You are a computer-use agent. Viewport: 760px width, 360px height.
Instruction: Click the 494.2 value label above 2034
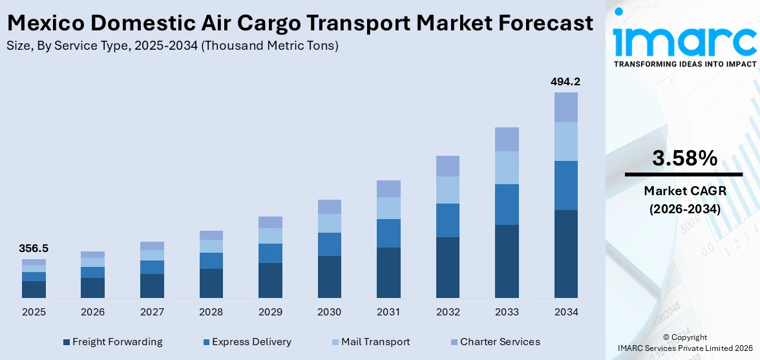[565, 82]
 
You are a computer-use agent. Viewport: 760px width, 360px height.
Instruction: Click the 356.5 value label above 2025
[34, 248]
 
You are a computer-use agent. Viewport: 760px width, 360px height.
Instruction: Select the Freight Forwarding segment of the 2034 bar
[565, 253]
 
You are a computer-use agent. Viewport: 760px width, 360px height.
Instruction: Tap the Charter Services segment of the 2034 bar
[565, 107]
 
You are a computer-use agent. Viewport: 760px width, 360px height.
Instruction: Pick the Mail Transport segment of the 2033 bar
[507, 167]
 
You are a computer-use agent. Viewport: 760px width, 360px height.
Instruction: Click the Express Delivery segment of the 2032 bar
[447, 220]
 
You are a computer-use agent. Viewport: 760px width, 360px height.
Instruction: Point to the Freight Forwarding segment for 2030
[329, 277]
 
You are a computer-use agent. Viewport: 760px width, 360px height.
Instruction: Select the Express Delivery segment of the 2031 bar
[388, 233]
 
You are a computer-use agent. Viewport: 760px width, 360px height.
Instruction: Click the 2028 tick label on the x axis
[211, 312]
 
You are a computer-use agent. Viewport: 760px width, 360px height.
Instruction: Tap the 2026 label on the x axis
[92, 312]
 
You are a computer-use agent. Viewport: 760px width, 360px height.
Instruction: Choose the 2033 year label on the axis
[507, 312]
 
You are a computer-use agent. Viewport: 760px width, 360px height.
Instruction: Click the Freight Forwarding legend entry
[112, 342]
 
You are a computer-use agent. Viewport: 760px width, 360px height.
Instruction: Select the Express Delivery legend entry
[246, 342]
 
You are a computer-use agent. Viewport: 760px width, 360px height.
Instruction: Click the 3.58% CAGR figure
[684, 158]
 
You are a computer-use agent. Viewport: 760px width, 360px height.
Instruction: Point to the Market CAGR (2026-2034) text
[684, 200]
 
